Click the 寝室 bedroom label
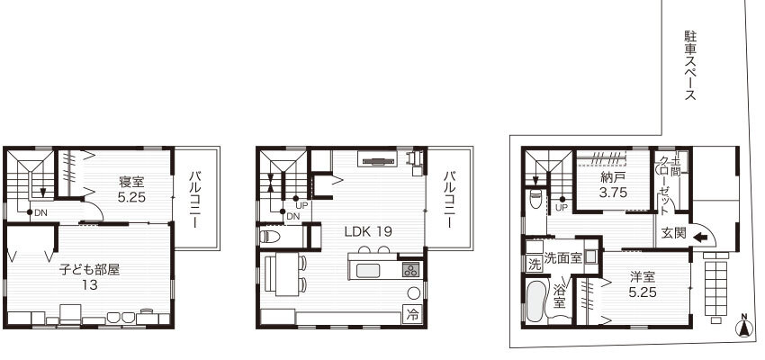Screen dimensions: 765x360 point(131,182)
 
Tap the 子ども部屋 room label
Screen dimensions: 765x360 point(90,269)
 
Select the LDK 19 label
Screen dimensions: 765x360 point(368,231)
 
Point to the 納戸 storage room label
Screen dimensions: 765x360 point(613,177)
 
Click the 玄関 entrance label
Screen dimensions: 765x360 point(674,233)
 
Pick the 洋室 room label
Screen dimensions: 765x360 point(642,277)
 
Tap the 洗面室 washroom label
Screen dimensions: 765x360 point(563,257)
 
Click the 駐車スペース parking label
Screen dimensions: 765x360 point(690,66)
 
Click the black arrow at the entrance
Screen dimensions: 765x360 point(700,238)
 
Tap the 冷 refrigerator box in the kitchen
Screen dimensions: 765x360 point(412,315)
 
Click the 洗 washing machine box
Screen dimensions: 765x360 point(535,265)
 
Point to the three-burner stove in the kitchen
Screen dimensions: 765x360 point(410,270)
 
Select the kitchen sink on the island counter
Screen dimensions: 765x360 point(368,270)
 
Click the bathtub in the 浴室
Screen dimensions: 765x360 point(537,301)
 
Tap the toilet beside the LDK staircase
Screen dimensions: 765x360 point(270,237)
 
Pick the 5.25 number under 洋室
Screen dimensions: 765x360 point(642,292)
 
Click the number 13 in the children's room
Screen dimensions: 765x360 point(90,284)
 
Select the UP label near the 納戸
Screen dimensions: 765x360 point(562,208)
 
